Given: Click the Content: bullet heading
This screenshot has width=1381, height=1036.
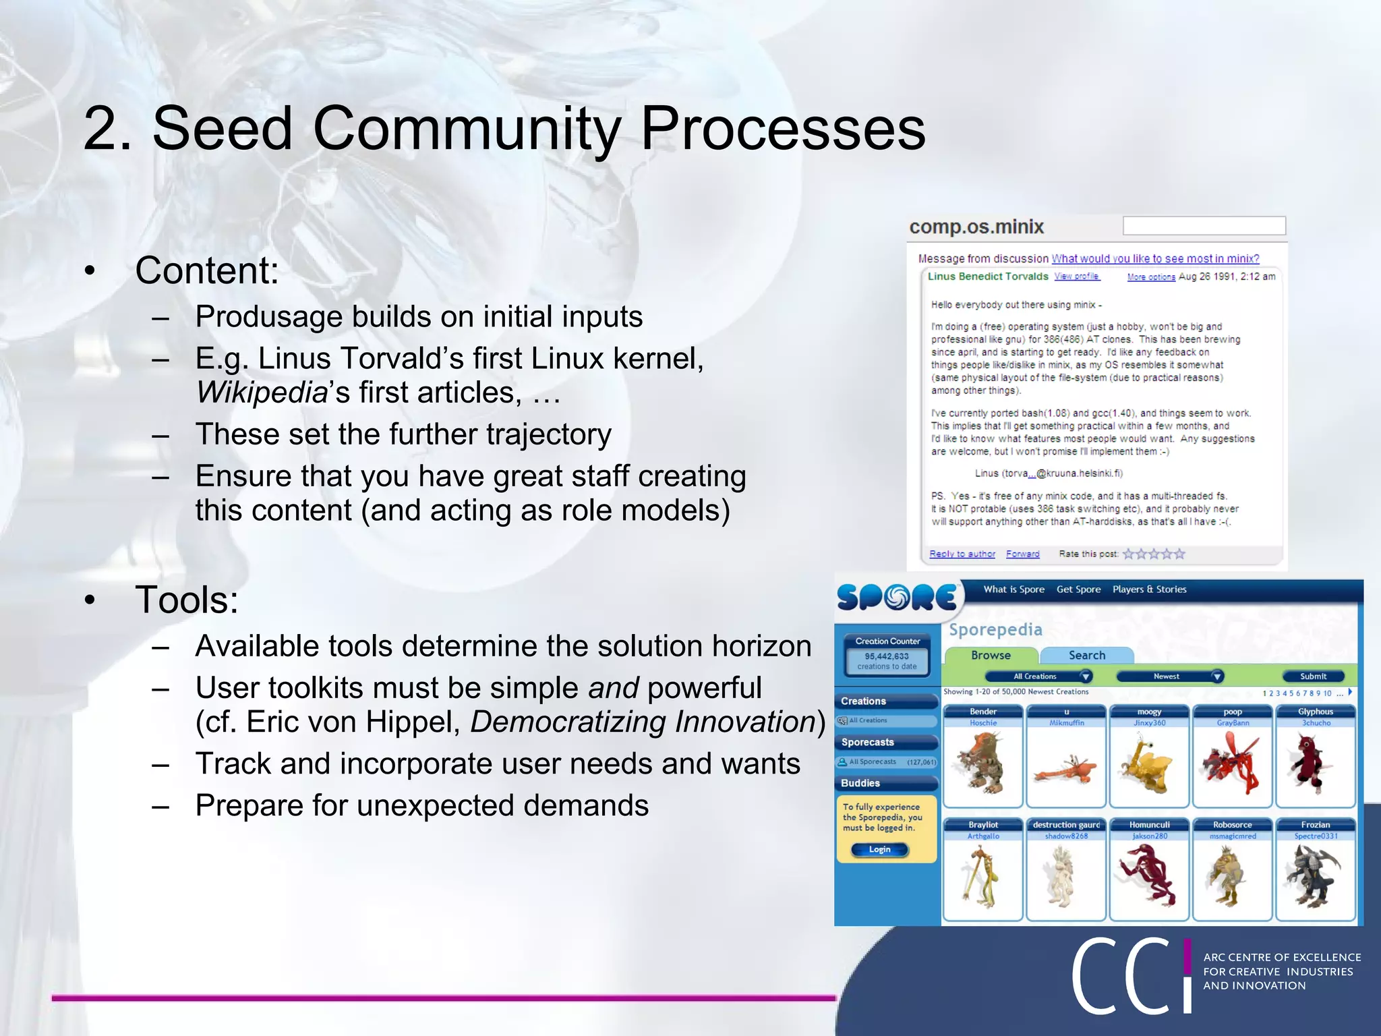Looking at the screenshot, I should click(206, 270).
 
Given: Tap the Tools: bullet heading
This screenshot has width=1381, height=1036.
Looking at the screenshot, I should click(186, 600).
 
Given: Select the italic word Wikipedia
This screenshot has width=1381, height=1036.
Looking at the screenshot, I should click(262, 393).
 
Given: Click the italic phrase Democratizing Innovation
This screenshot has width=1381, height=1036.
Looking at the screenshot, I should click(643, 722).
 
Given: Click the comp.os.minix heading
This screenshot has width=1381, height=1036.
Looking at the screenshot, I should click(976, 227).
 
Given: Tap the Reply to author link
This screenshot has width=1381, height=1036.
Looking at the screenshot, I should click(962, 554).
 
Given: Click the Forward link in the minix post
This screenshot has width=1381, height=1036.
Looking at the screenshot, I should click(1022, 554).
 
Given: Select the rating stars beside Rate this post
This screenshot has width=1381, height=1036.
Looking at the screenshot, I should click(1153, 554).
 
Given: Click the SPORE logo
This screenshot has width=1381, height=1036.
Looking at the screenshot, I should click(896, 597).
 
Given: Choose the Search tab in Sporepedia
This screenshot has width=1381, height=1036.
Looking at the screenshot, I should click(1086, 655).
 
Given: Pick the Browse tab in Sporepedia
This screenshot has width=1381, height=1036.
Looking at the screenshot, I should click(991, 655).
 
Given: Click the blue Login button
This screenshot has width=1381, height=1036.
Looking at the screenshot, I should click(879, 849).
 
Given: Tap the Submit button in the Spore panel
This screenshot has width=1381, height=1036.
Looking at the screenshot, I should click(1312, 676).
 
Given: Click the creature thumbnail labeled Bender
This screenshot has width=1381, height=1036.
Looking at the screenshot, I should click(982, 762).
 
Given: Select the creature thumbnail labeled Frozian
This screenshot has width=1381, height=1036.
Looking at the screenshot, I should click(1315, 875).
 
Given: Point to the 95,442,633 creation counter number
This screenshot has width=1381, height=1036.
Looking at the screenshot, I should click(887, 656).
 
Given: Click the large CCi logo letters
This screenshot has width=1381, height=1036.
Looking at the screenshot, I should click(1129, 976).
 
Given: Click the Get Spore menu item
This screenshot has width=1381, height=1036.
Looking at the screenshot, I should click(1078, 589).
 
